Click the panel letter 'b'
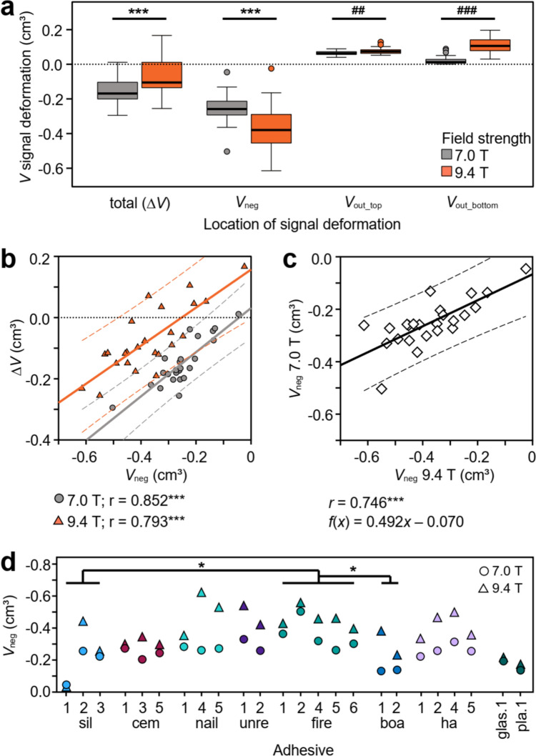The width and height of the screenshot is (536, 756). click(13, 248)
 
